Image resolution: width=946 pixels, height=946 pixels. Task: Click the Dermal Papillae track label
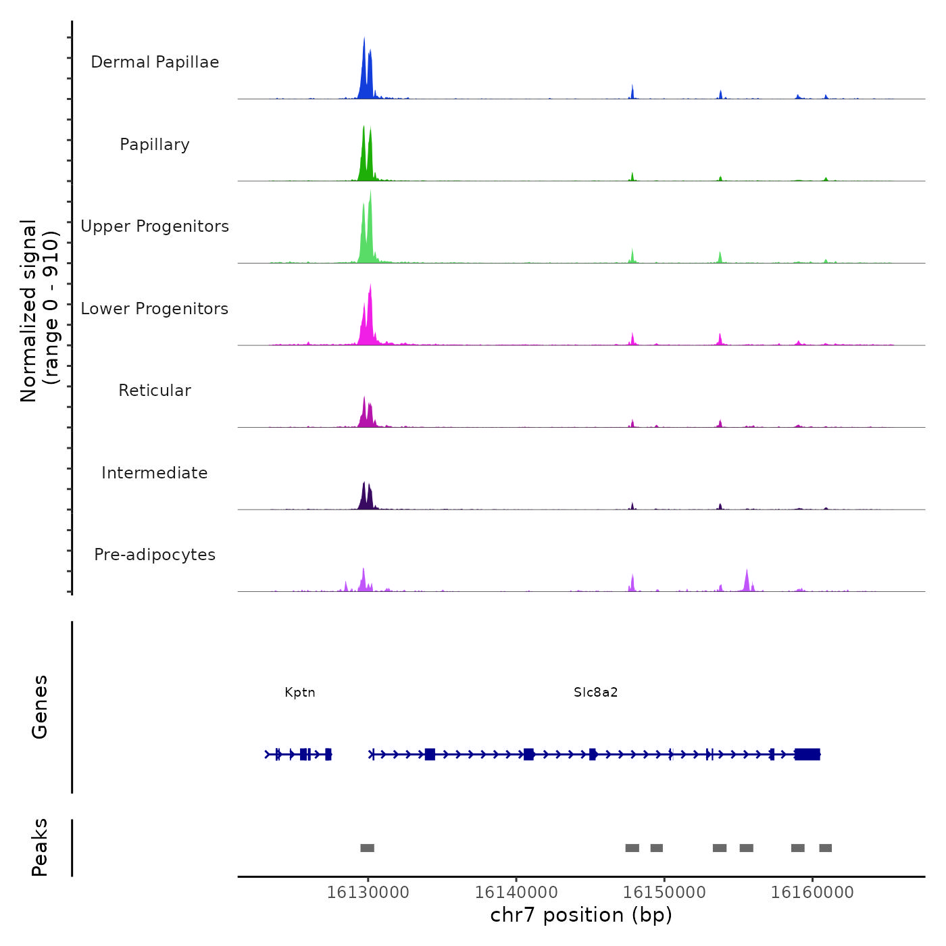(x=155, y=62)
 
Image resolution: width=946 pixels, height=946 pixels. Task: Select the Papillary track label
(x=155, y=145)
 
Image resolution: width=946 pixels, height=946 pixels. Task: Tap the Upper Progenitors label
(x=155, y=226)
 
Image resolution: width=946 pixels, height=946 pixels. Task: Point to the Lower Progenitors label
(x=155, y=309)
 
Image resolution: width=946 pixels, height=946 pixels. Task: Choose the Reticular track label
(x=155, y=391)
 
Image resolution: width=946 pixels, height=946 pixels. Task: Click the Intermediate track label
(x=155, y=473)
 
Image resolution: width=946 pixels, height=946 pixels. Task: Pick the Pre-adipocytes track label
(x=155, y=555)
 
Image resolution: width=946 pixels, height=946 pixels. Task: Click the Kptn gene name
(x=300, y=693)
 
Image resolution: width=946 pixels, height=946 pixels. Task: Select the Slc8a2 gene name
(x=596, y=693)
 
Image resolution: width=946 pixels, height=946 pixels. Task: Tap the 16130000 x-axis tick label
(x=368, y=893)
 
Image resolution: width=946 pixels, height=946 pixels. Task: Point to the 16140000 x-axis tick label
(x=516, y=893)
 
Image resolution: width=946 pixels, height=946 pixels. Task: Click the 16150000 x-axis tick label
(x=664, y=893)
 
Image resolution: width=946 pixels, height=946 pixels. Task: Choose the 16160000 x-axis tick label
(x=812, y=893)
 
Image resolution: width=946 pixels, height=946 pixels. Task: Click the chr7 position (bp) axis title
(x=581, y=916)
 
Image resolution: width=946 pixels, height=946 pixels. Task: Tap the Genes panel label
(x=40, y=707)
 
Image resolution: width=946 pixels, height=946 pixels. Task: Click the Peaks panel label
(x=40, y=847)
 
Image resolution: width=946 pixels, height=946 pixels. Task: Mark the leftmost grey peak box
(x=367, y=848)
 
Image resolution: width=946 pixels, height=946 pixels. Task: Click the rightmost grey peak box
(x=825, y=848)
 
